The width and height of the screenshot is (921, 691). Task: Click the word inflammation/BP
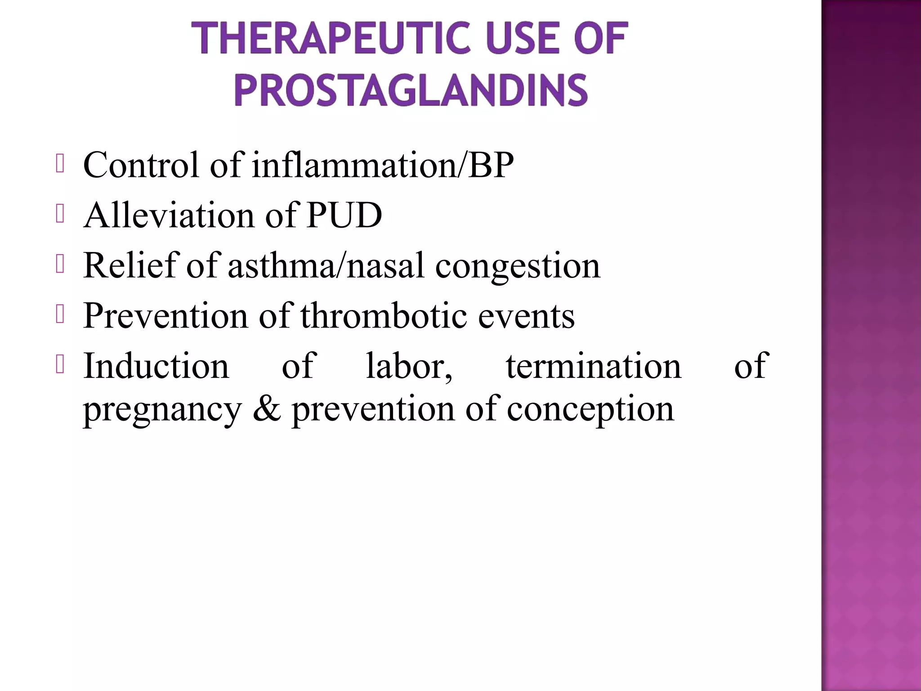pyautogui.click(x=382, y=165)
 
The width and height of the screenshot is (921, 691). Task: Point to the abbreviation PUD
pyautogui.click(x=344, y=215)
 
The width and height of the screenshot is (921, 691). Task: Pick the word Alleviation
pyautogui.click(x=169, y=215)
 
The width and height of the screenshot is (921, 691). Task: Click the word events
pyautogui.click(x=526, y=316)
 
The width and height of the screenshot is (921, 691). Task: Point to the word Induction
pyautogui.click(x=156, y=366)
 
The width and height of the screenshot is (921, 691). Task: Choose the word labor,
pyautogui.click(x=409, y=366)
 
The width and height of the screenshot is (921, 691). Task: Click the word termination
pyautogui.click(x=594, y=366)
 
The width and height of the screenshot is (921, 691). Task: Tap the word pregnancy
pyautogui.click(x=162, y=410)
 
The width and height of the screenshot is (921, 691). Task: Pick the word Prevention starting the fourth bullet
pyautogui.click(x=165, y=316)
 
